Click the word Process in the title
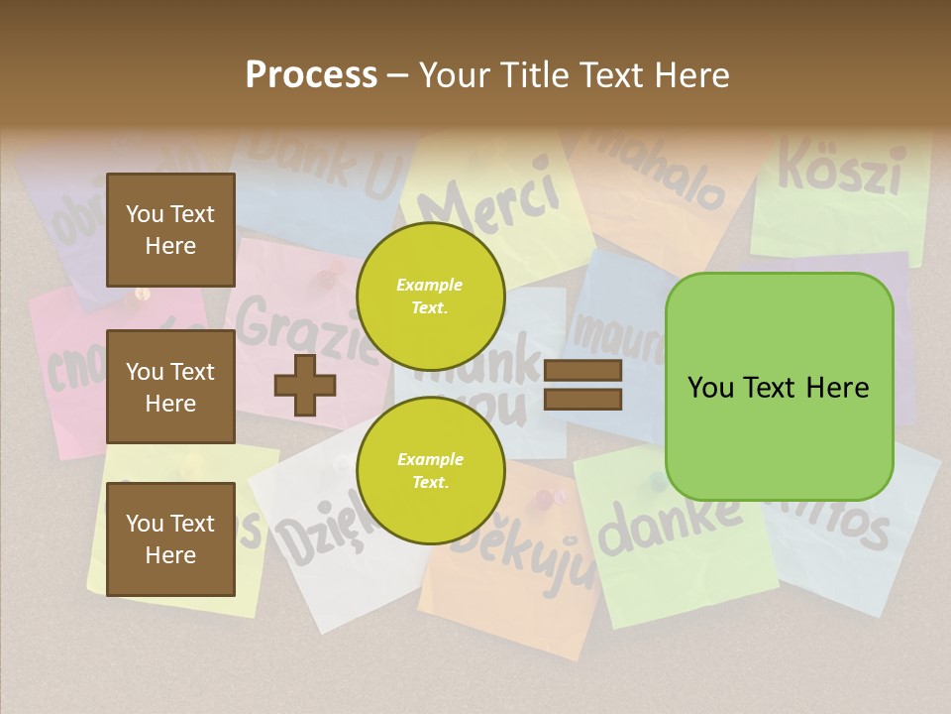coord(311,74)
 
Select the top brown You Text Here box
coord(170,230)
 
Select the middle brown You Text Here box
coord(170,387)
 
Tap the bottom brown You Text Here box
coord(170,538)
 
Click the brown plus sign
coord(304,385)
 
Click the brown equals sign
coord(582,385)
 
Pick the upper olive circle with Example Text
coord(430,297)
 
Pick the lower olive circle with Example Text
coord(430,471)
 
